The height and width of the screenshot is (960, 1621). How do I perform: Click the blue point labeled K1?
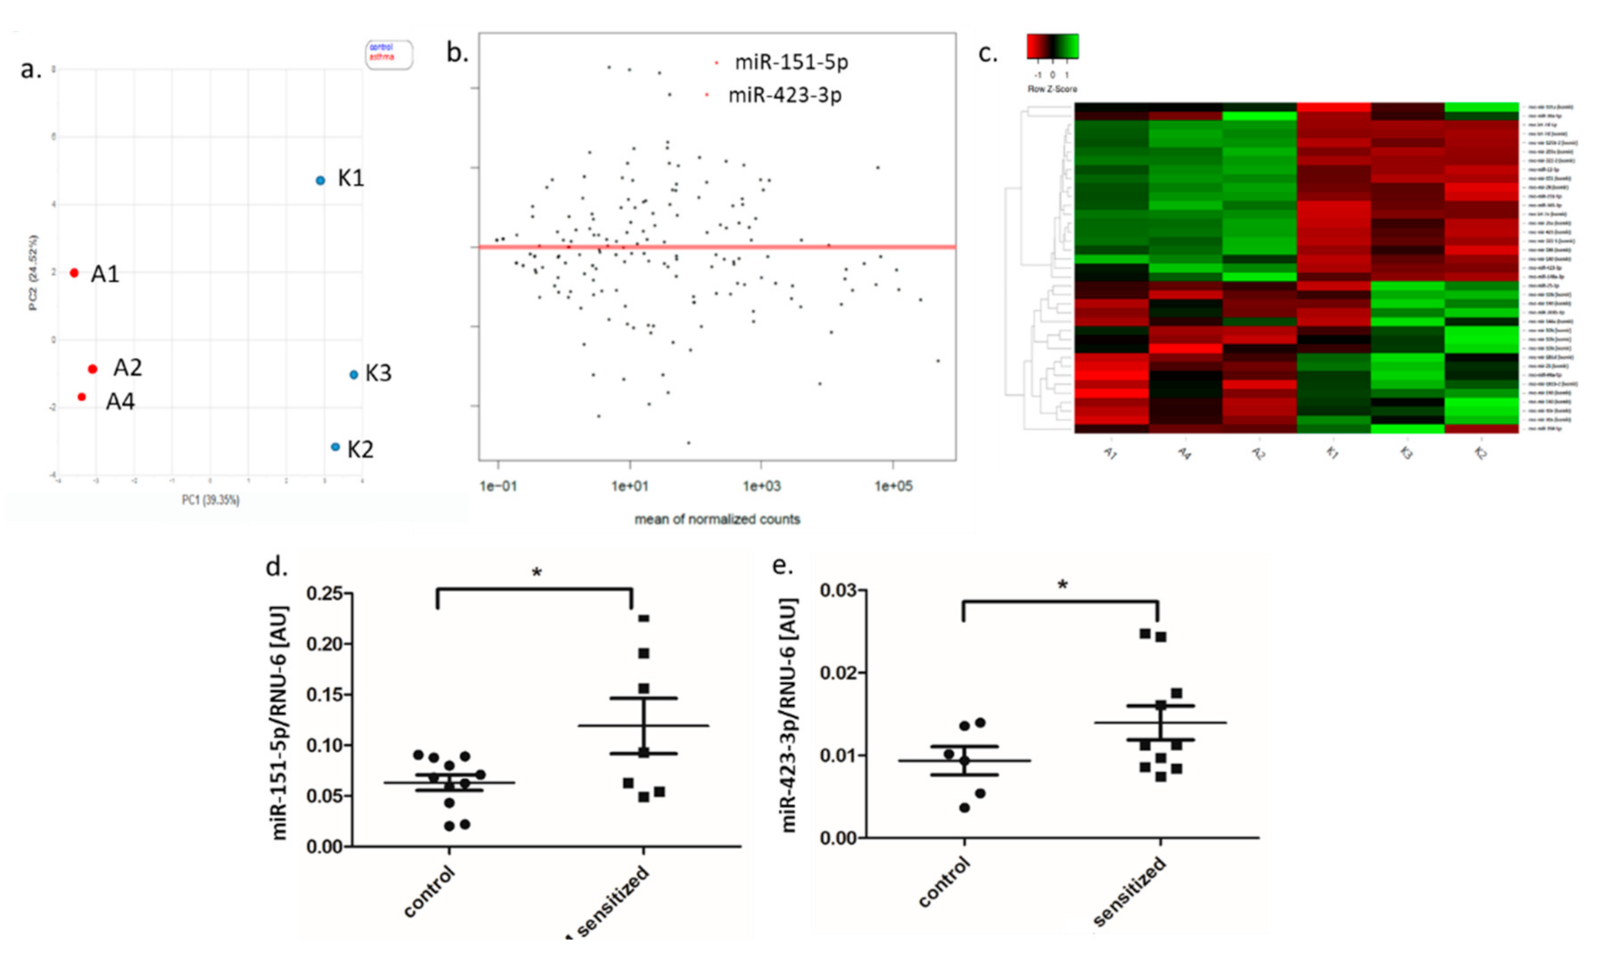[321, 180]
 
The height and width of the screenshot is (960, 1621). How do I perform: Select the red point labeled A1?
[75, 273]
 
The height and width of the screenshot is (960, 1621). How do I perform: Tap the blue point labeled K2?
[335, 447]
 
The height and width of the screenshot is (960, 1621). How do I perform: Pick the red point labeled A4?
[82, 397]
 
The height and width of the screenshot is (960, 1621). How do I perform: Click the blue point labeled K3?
[354, 374]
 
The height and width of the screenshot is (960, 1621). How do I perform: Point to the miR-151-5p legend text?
[790, 62]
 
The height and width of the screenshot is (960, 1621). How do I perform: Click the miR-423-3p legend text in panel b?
[784, 95]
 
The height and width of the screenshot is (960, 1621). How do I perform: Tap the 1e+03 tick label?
[761, 486]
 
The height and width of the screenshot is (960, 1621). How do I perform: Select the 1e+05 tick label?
[892, 486]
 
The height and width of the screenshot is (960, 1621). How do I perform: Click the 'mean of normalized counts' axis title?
[716, 519]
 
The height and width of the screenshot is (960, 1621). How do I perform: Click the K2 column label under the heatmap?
[1480, 453]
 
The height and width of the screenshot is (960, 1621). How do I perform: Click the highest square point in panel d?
[644, 618]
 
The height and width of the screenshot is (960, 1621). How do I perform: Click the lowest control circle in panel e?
[964, 807]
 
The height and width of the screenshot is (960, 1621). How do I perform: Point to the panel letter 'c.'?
[987, 53]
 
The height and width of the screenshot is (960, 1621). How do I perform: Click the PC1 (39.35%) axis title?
[211, 500]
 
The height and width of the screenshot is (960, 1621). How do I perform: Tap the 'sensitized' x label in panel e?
[1129, 892]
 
